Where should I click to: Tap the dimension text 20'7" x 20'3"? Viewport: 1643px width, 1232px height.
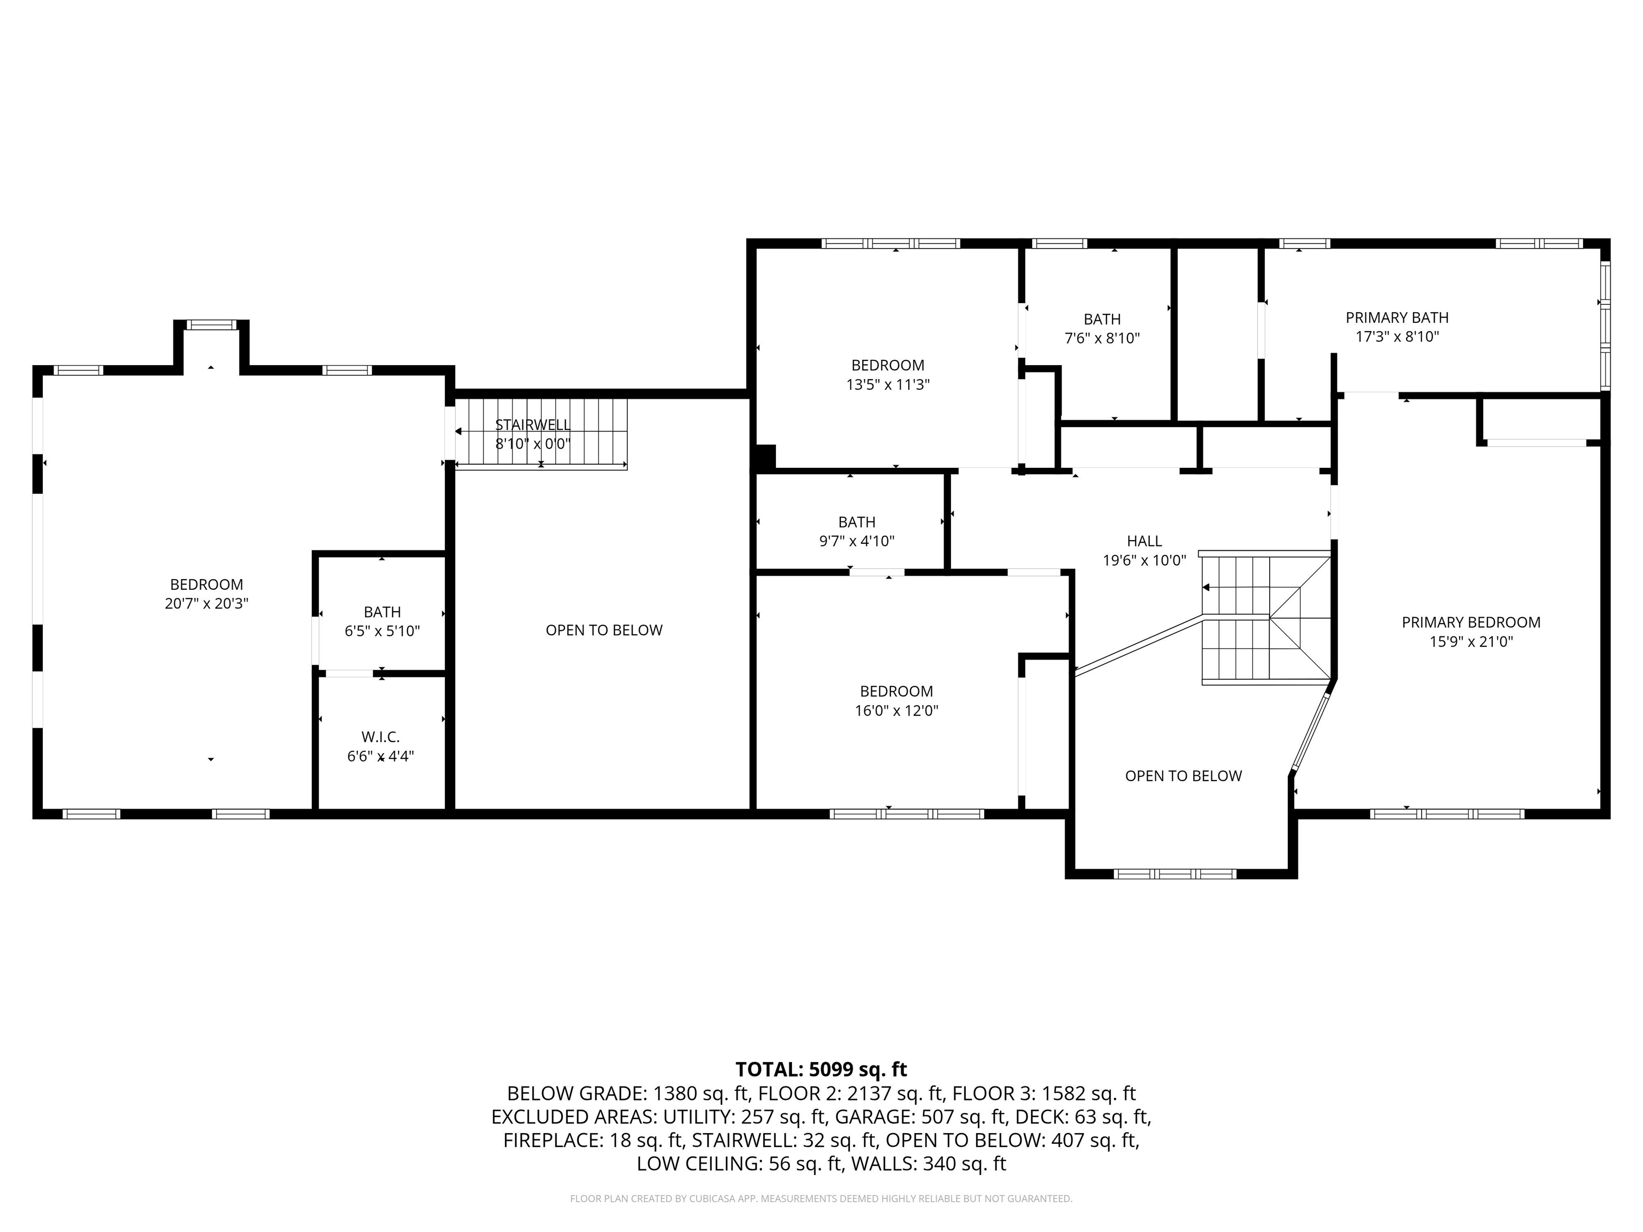206,604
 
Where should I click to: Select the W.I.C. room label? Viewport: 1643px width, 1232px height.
380,737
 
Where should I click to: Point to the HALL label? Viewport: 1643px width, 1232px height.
1144,541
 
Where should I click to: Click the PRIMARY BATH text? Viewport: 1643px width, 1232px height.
1396,318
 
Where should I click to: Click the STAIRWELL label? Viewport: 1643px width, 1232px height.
533,425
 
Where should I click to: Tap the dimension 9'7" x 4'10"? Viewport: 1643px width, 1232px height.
856,541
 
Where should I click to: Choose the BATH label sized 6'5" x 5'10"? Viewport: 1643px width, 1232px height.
382,612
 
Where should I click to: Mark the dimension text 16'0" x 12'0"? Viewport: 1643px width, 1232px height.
896,711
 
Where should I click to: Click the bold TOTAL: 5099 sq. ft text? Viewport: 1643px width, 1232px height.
821,1069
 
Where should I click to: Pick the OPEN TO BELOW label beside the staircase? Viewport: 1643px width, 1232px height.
1183,776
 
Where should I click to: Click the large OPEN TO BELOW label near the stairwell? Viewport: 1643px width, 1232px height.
603,630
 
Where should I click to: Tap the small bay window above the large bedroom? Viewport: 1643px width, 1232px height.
211,325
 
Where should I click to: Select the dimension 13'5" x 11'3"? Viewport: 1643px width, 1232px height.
888,384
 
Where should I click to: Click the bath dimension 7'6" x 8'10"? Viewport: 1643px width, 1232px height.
1102,338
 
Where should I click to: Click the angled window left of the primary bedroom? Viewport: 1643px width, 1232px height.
1309,732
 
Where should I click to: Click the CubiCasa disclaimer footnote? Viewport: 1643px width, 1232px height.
821,1199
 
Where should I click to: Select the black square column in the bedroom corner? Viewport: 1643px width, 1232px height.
765,456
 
